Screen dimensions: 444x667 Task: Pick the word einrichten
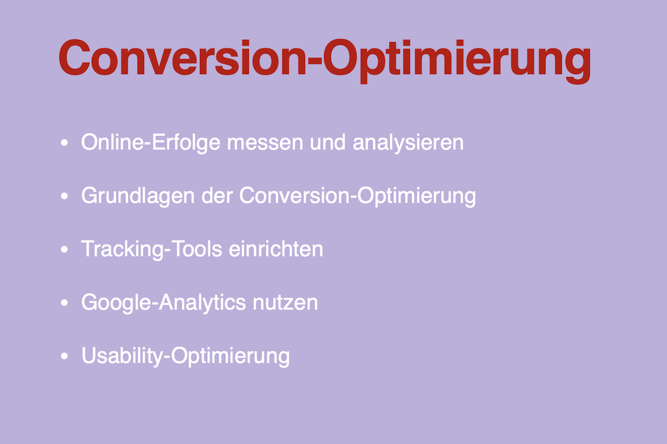click(276, 249)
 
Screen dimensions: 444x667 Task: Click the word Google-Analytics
click(163, 303)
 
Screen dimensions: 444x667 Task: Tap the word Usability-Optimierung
click(185, 356)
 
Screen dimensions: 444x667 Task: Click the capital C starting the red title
click(77, 58)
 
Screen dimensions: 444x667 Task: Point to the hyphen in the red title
click(313, 62)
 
